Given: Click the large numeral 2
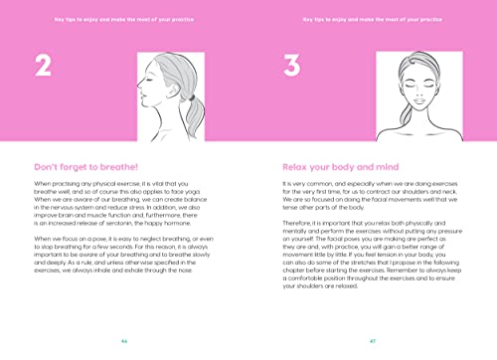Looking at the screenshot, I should (43, 68).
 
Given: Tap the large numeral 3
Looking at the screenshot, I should (291, 68).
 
